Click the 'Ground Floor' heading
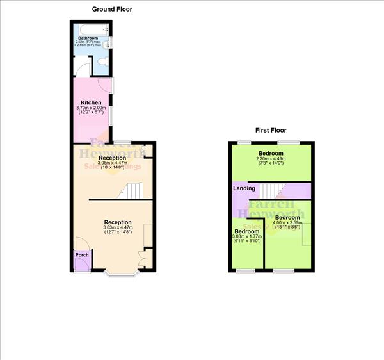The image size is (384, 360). tap(112, 9)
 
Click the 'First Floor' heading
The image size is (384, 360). tap(270, 130)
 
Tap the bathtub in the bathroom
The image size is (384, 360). tap(93, 30)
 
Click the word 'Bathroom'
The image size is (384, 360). tap(88, 38)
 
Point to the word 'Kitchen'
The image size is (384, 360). tap(91, 102)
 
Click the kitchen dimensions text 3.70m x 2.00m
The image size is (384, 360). tap(91, 108)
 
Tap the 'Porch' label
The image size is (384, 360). tap(82, 255)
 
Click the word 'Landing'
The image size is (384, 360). tap(244, 188)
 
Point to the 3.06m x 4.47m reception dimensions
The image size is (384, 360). tap(112, 163)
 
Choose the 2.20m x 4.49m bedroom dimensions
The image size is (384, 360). tap(271, 160)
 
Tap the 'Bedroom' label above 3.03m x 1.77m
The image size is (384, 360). tap(246, 231)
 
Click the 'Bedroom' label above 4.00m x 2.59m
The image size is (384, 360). tap(287, 218)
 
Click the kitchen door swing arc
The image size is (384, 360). tap(105, 86)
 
